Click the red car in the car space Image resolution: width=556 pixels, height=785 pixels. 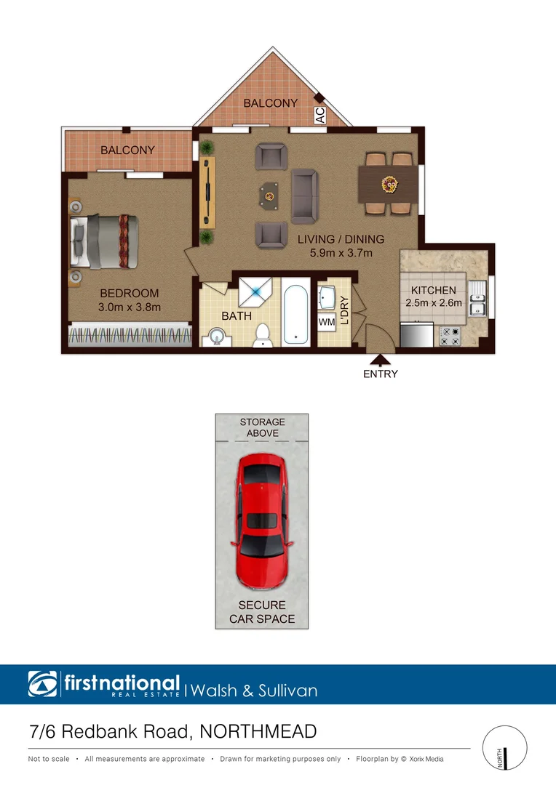click(x=261, y=520)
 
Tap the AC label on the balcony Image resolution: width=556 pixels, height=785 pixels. click(x=319, y=116)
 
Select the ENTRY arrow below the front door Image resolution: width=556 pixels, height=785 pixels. click(x=380, y=358)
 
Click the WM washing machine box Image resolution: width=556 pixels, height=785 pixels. click(x=327, y=321)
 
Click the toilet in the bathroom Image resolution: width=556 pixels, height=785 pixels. click(x=263, y=334)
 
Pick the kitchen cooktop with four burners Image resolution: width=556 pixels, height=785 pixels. click(x=449, y=336)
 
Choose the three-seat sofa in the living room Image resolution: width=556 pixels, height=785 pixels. click(x=303, y=196)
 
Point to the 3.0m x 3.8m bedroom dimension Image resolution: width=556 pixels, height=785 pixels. click(x=129, y=307)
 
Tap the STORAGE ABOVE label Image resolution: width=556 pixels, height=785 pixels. click(x=262, y=427)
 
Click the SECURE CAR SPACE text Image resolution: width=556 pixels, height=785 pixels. click(x=262, y=612)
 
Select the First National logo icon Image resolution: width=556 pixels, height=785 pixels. click(x=42, y=684)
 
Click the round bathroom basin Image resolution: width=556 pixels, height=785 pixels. click(x=215, y=336)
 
